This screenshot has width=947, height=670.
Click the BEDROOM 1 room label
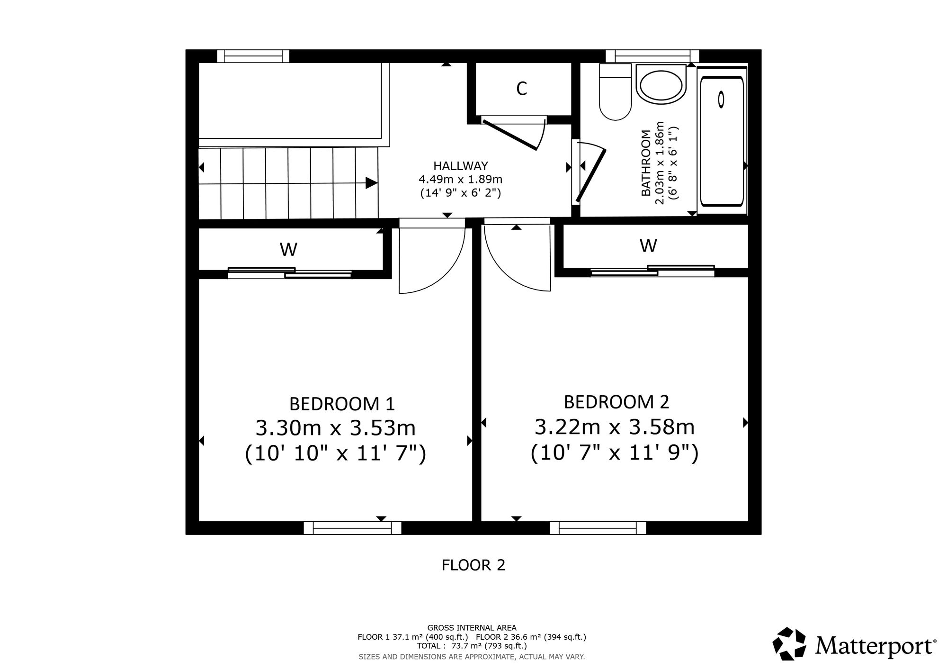pos(342,404)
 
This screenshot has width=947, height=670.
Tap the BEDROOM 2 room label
pos(616,402)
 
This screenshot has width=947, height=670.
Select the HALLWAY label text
pos(460,166)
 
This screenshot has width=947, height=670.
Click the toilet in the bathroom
pos(615,92)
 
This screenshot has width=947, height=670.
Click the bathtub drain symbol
pos(721,100)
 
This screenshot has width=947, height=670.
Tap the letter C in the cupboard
pos(521,89)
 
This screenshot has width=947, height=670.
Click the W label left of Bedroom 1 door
pos(288,249)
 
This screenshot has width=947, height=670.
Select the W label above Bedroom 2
pos(648,245)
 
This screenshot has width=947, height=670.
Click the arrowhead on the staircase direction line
pos(372,183)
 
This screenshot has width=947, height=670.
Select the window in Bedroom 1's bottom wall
pos(352,528)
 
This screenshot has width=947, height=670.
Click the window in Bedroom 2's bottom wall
pos(598,528)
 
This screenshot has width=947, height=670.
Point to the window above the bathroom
pos(652,56)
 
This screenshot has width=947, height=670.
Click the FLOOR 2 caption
pos(473,565)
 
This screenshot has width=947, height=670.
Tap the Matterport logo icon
pos(789,643)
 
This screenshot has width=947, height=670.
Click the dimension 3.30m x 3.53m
pos(336,428)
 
